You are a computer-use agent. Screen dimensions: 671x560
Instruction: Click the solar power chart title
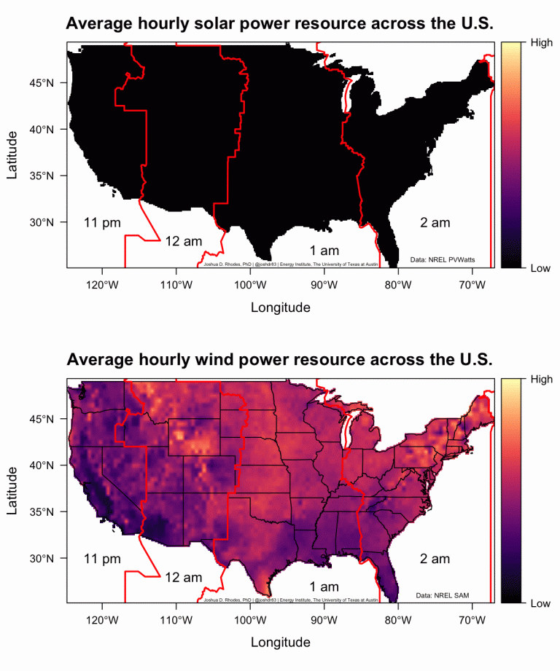[x=280, y=23]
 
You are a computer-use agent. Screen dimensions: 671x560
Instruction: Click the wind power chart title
[x=280, y=360]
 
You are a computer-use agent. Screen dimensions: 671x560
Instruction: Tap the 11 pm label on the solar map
[x=102, y=223]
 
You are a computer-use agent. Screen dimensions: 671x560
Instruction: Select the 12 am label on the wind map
[x=183, y=578]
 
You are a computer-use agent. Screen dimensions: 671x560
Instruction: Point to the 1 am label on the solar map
[x=324, y=251]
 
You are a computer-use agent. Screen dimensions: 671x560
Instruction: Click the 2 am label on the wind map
[x=435, y=559]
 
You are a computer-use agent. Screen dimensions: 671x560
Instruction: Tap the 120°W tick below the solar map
[x=102, y=284]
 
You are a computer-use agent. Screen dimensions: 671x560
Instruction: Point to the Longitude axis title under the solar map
[x=280, y=307]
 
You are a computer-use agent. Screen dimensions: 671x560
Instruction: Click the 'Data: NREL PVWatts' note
[x=443, y=259]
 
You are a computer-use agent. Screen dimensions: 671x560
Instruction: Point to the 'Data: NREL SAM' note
[x=442, y=595]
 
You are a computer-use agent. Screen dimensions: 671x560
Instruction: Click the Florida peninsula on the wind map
[x=392, y=579]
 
